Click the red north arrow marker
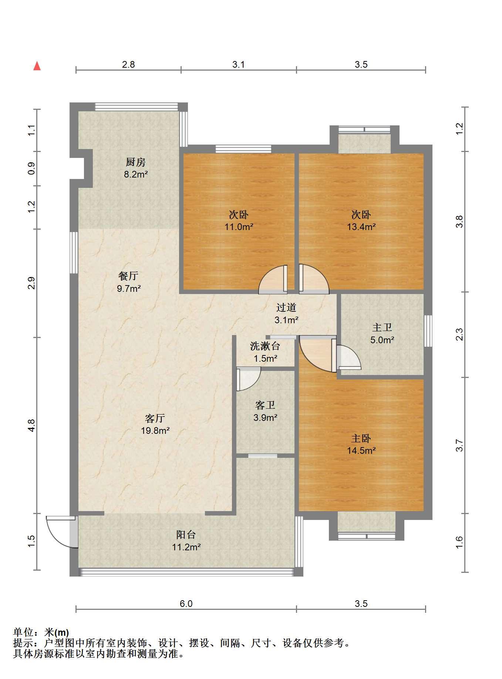tap(37, 66)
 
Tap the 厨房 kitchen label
tap(135, 162)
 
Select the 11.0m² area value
tap(239, 227)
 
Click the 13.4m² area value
tap(361, 227)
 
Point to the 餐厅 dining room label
tap(128, 276)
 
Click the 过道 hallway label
tap(286, 307)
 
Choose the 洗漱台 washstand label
tap(265, 346)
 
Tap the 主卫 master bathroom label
tap(382, 327)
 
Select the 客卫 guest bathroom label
tap(265, 405)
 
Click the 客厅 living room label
tap(155, 418)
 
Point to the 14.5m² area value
tap(361, 450)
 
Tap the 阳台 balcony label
tap(186, 534)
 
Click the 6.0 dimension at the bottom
tap(186, 604)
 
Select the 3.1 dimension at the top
tap(239, 65)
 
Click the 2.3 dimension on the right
tap(459, 335)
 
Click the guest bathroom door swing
tap(249, 379)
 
